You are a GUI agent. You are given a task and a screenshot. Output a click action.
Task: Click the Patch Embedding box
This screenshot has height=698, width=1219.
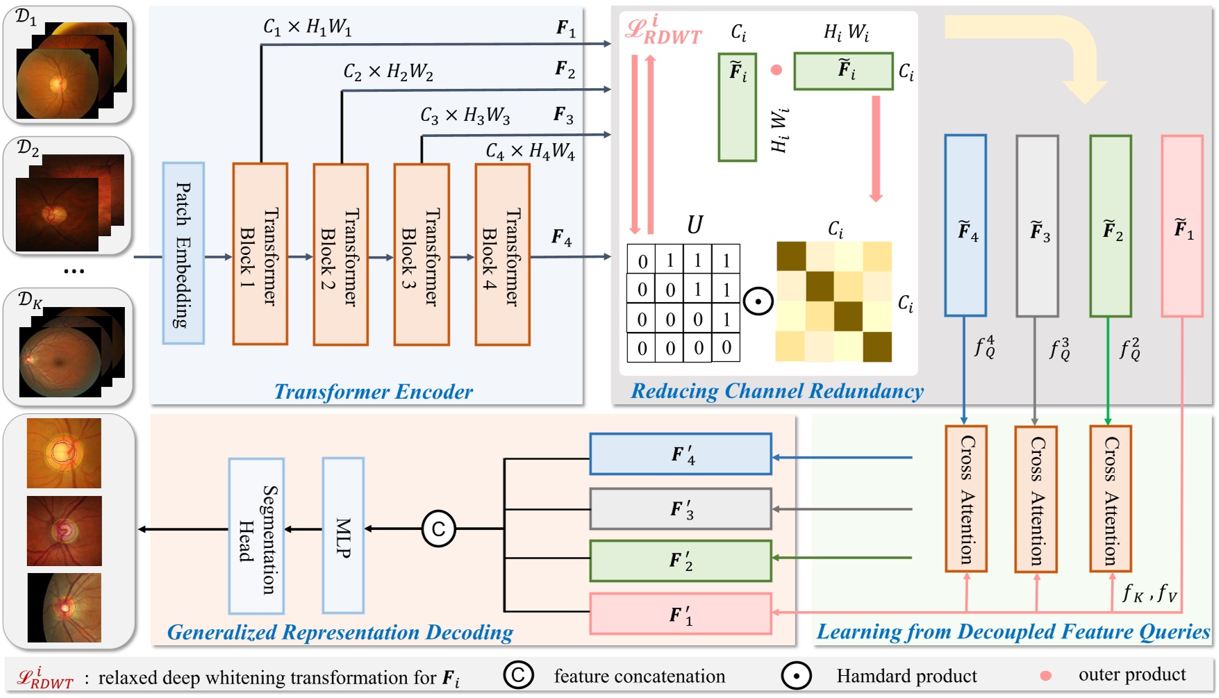(x=183, y=254)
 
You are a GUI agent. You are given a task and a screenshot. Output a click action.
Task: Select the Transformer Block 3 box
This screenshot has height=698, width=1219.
(x=422, y=254)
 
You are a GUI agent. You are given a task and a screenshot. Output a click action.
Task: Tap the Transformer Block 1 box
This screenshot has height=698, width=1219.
(x=260, y=254)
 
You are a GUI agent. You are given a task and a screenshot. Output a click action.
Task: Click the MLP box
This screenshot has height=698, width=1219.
(x=343, y=535)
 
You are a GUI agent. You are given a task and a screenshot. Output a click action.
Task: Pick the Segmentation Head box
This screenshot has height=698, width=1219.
(x=256, y=535)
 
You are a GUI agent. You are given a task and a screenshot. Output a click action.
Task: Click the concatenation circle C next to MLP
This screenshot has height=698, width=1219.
(x=438, y=529)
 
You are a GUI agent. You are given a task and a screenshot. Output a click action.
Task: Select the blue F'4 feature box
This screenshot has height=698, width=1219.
(x=680, y=454)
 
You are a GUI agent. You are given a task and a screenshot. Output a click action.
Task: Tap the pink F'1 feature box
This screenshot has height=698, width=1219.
(x=680, y=614)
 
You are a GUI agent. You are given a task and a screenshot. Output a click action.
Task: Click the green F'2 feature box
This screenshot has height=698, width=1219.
(x=680, y=560)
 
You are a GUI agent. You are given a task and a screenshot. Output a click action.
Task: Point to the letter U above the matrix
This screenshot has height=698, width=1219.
(x=694, y=225)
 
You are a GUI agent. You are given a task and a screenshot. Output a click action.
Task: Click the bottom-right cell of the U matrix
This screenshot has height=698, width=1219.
(x=726, y=347)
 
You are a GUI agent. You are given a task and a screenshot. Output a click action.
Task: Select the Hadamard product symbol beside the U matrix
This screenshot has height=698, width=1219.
(x=758, y=302)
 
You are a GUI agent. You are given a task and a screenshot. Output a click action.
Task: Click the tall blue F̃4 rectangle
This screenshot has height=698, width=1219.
(x=965, y=226)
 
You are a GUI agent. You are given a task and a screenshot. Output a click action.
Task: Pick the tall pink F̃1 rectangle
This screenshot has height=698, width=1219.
(x=1181, y=226)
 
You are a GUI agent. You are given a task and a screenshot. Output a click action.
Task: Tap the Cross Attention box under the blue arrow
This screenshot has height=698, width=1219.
(x=965, y=499)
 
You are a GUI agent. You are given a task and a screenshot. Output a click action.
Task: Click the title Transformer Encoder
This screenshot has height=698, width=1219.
(x=373, y=392)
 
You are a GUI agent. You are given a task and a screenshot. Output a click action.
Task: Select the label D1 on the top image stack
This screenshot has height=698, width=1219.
(x=26, y=17)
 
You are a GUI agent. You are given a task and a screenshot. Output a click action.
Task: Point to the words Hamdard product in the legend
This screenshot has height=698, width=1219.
(x=906, y=676)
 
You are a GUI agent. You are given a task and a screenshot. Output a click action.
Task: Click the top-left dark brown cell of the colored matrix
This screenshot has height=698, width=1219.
(x=791, y=256)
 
